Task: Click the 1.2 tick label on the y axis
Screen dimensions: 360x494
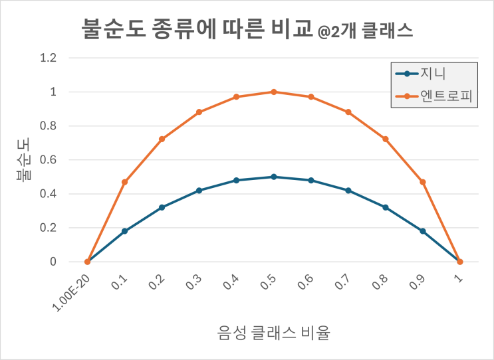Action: [x=48, y=58]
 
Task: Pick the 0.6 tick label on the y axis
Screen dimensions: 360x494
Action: [x=48, y=160]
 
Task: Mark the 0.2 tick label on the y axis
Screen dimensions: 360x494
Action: [x=48, y=228]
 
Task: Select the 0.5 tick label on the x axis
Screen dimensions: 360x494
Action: [x=269, y=282]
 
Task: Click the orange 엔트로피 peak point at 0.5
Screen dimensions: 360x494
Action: [x=273, y=92]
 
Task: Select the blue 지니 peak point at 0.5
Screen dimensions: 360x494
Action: [x=273, y=177]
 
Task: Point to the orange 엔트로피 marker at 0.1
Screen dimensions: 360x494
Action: [x=124, y=182]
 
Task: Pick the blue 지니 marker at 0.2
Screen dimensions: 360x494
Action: [x=162, y=207]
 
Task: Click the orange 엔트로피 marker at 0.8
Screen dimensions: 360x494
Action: [x=385, y=139]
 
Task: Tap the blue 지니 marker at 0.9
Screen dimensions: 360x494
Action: [x=422, y=231]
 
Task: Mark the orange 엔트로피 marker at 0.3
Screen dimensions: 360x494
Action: [x=199, y=112]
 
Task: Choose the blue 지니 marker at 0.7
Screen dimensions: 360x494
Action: [x=348, y=191]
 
